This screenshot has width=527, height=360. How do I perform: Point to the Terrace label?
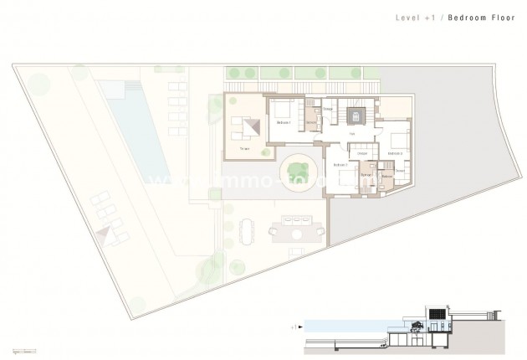245,148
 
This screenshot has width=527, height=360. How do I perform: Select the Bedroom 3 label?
395,153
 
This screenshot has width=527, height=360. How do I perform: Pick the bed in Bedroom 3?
397,138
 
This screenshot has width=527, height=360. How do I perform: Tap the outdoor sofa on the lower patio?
298,224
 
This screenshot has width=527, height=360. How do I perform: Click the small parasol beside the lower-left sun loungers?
106,234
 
